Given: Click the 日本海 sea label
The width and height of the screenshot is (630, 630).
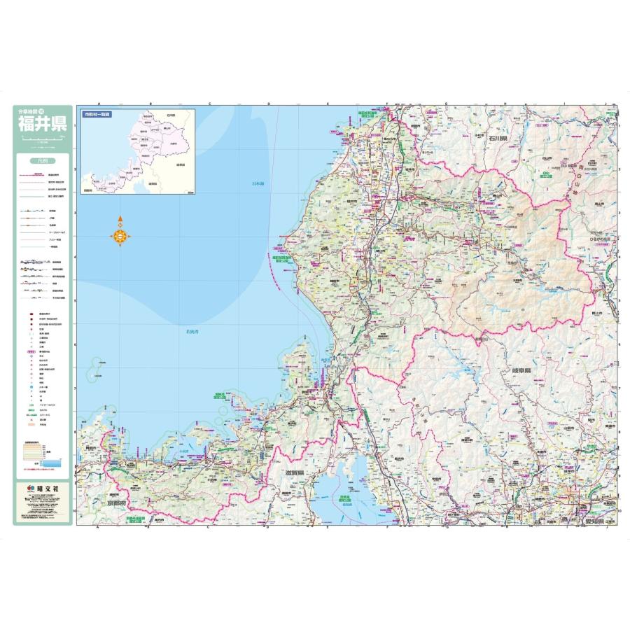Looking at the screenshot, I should coord(259,184).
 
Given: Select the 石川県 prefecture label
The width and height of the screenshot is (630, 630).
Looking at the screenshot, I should coord(497,139).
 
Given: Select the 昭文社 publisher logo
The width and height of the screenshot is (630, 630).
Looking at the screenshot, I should coord(42,487).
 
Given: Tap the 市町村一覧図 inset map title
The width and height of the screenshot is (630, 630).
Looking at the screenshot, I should coord(97,113).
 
